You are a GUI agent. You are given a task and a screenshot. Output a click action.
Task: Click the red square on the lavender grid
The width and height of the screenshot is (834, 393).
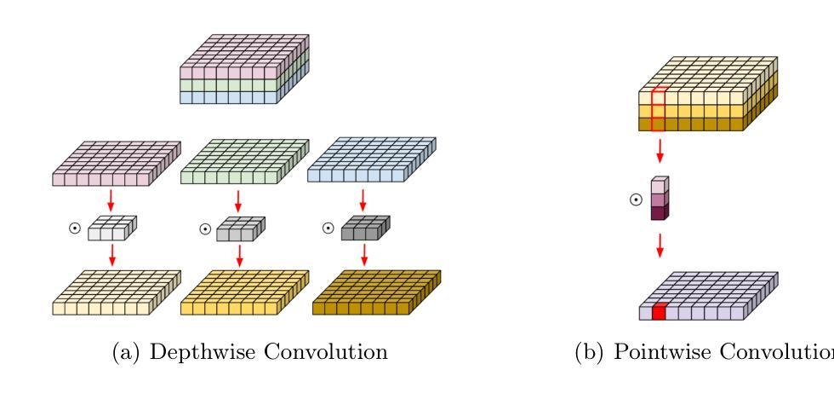click(x=658, y=313)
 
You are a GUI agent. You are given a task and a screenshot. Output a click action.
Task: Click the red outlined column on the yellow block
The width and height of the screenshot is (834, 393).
click(x=657, y=110)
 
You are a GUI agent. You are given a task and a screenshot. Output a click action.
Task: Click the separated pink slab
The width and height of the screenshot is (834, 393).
click(x=117, y=165)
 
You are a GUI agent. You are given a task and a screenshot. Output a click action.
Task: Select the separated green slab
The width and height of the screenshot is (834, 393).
click(x=243, y=165)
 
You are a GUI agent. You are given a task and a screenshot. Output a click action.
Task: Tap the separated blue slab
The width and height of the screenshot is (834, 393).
click(x=368, y=165)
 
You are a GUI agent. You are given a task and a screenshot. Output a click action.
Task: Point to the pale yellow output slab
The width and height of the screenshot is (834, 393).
click(x=117, y=294)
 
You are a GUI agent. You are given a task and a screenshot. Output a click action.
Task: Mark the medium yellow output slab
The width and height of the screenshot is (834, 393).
click(x=243, y=294)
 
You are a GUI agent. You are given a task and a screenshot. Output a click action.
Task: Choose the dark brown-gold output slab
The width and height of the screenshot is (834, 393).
click(x=368, y=294)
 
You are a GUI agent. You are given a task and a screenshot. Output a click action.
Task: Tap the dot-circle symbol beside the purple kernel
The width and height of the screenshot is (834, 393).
click(x=635, y=200)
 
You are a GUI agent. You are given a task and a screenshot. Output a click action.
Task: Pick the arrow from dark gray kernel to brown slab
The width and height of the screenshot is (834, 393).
click(x=365, y=254)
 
